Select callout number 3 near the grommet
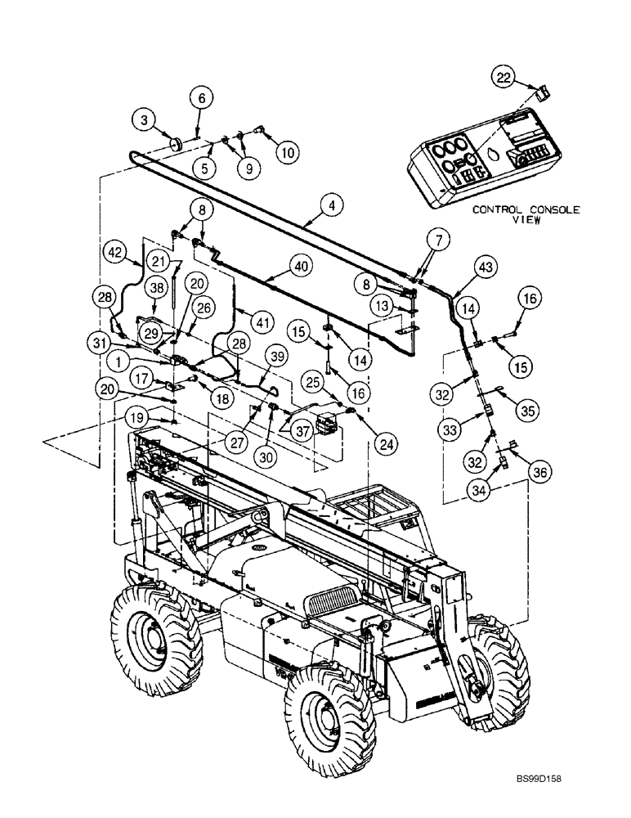pyautogui.click(x=145, y=121)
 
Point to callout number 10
pyautogui.click(x=286, y=151)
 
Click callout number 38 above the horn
pyautogui.click(x=157, y=286)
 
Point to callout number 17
pyautogui.click(x=143, y=378)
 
